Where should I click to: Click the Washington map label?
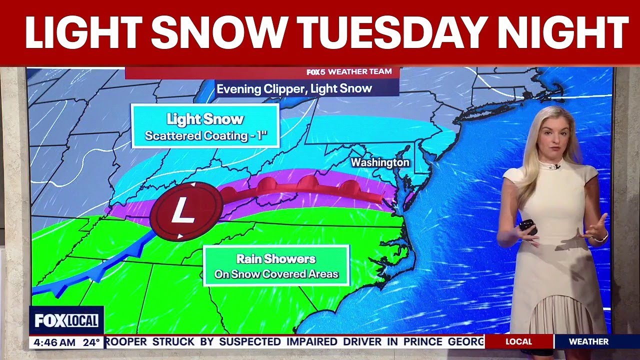click(379, 162)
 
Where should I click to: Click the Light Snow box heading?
click(205, 119)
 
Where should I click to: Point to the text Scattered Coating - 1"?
click(205, 136)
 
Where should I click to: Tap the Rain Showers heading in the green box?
click(275, 259)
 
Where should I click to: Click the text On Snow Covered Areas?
click(276, 274)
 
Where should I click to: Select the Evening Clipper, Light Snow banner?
click(294, 88)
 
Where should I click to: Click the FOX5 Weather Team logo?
click(349, 72)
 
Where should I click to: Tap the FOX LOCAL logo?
click(66, 320)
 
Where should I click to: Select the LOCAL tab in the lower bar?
click(518, 342)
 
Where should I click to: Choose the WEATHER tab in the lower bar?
click(588, 342)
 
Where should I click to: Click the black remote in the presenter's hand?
click(527, 226)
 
